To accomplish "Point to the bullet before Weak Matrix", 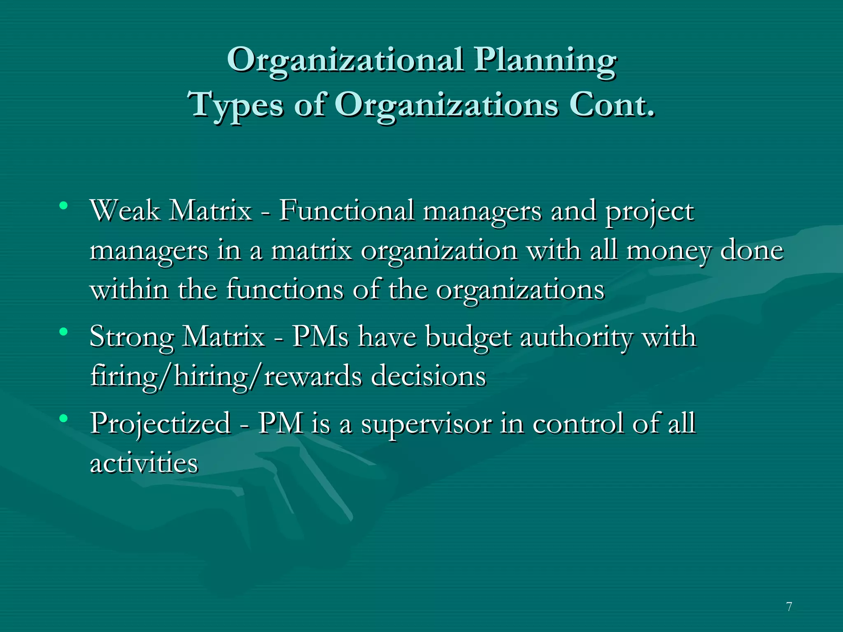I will (63, 205).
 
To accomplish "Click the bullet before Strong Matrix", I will (63, 331).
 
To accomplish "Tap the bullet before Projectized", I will (63, 418).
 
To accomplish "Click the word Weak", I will (125, 211).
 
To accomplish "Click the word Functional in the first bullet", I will (347, 211).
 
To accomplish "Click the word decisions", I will (428, 376).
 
